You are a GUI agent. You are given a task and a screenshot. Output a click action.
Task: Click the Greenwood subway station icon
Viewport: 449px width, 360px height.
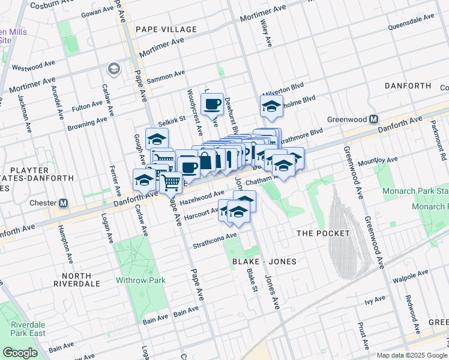click(373, 119)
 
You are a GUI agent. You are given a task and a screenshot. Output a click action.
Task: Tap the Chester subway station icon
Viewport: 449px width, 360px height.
click(63, 203)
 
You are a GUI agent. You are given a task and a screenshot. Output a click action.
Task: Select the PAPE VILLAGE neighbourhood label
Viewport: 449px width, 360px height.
click(166, 29)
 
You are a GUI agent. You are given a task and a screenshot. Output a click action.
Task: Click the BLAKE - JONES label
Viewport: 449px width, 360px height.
click(264, 262)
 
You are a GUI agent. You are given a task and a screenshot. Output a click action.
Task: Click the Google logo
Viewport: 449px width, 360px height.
click(20, 353)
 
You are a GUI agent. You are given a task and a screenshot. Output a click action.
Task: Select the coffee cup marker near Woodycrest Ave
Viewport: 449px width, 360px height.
click(212, 105)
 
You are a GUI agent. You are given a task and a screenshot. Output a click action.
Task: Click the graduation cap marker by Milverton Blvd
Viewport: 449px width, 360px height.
click(271, 107)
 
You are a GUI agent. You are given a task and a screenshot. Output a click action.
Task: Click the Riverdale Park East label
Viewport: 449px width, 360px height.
click(23, 329)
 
